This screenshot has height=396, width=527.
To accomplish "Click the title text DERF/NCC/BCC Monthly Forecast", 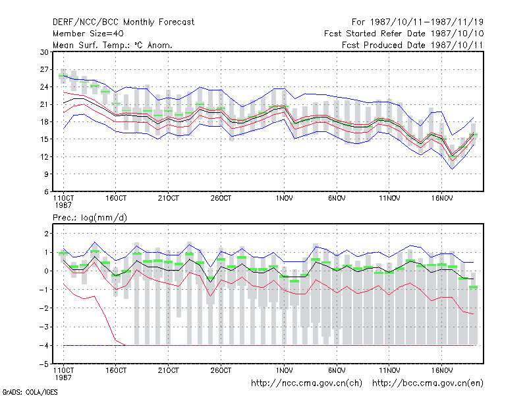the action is click(x=123, y=22).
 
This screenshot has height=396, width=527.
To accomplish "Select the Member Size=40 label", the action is click(x=88, y=34).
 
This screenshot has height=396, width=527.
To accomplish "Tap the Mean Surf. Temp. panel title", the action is click(x=113, y=45).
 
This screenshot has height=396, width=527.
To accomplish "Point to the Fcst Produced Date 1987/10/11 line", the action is click(x=412, y=45).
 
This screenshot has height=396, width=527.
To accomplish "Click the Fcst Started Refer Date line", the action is click(x=404, y=34).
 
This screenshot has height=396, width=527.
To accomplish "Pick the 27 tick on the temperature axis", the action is click(x=44, y=69).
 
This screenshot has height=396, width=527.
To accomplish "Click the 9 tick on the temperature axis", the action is click(x=46, y=174).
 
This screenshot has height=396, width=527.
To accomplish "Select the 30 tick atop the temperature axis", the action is click(x=44, y=52).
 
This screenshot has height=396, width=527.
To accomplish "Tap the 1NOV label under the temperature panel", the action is click(x=285, y=199).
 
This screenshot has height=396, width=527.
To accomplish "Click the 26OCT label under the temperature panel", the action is click(x=221, y=199).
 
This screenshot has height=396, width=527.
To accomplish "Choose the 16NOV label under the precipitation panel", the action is click(x=442, y=370).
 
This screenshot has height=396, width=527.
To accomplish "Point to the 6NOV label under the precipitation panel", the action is click(x=337, y=370).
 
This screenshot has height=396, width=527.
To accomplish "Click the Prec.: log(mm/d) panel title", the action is click(x=90, y=218).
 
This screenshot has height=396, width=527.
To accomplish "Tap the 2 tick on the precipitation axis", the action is click(x=47, y=234).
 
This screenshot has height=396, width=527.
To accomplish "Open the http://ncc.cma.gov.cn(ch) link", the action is click(x=306, y=383).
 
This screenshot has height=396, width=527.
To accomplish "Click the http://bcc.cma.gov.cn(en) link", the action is click(x=428, y=383).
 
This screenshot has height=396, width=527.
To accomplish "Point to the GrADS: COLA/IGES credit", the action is click(x=30, y=392).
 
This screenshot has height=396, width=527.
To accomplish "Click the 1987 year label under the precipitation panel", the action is click(x=63, y=378).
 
